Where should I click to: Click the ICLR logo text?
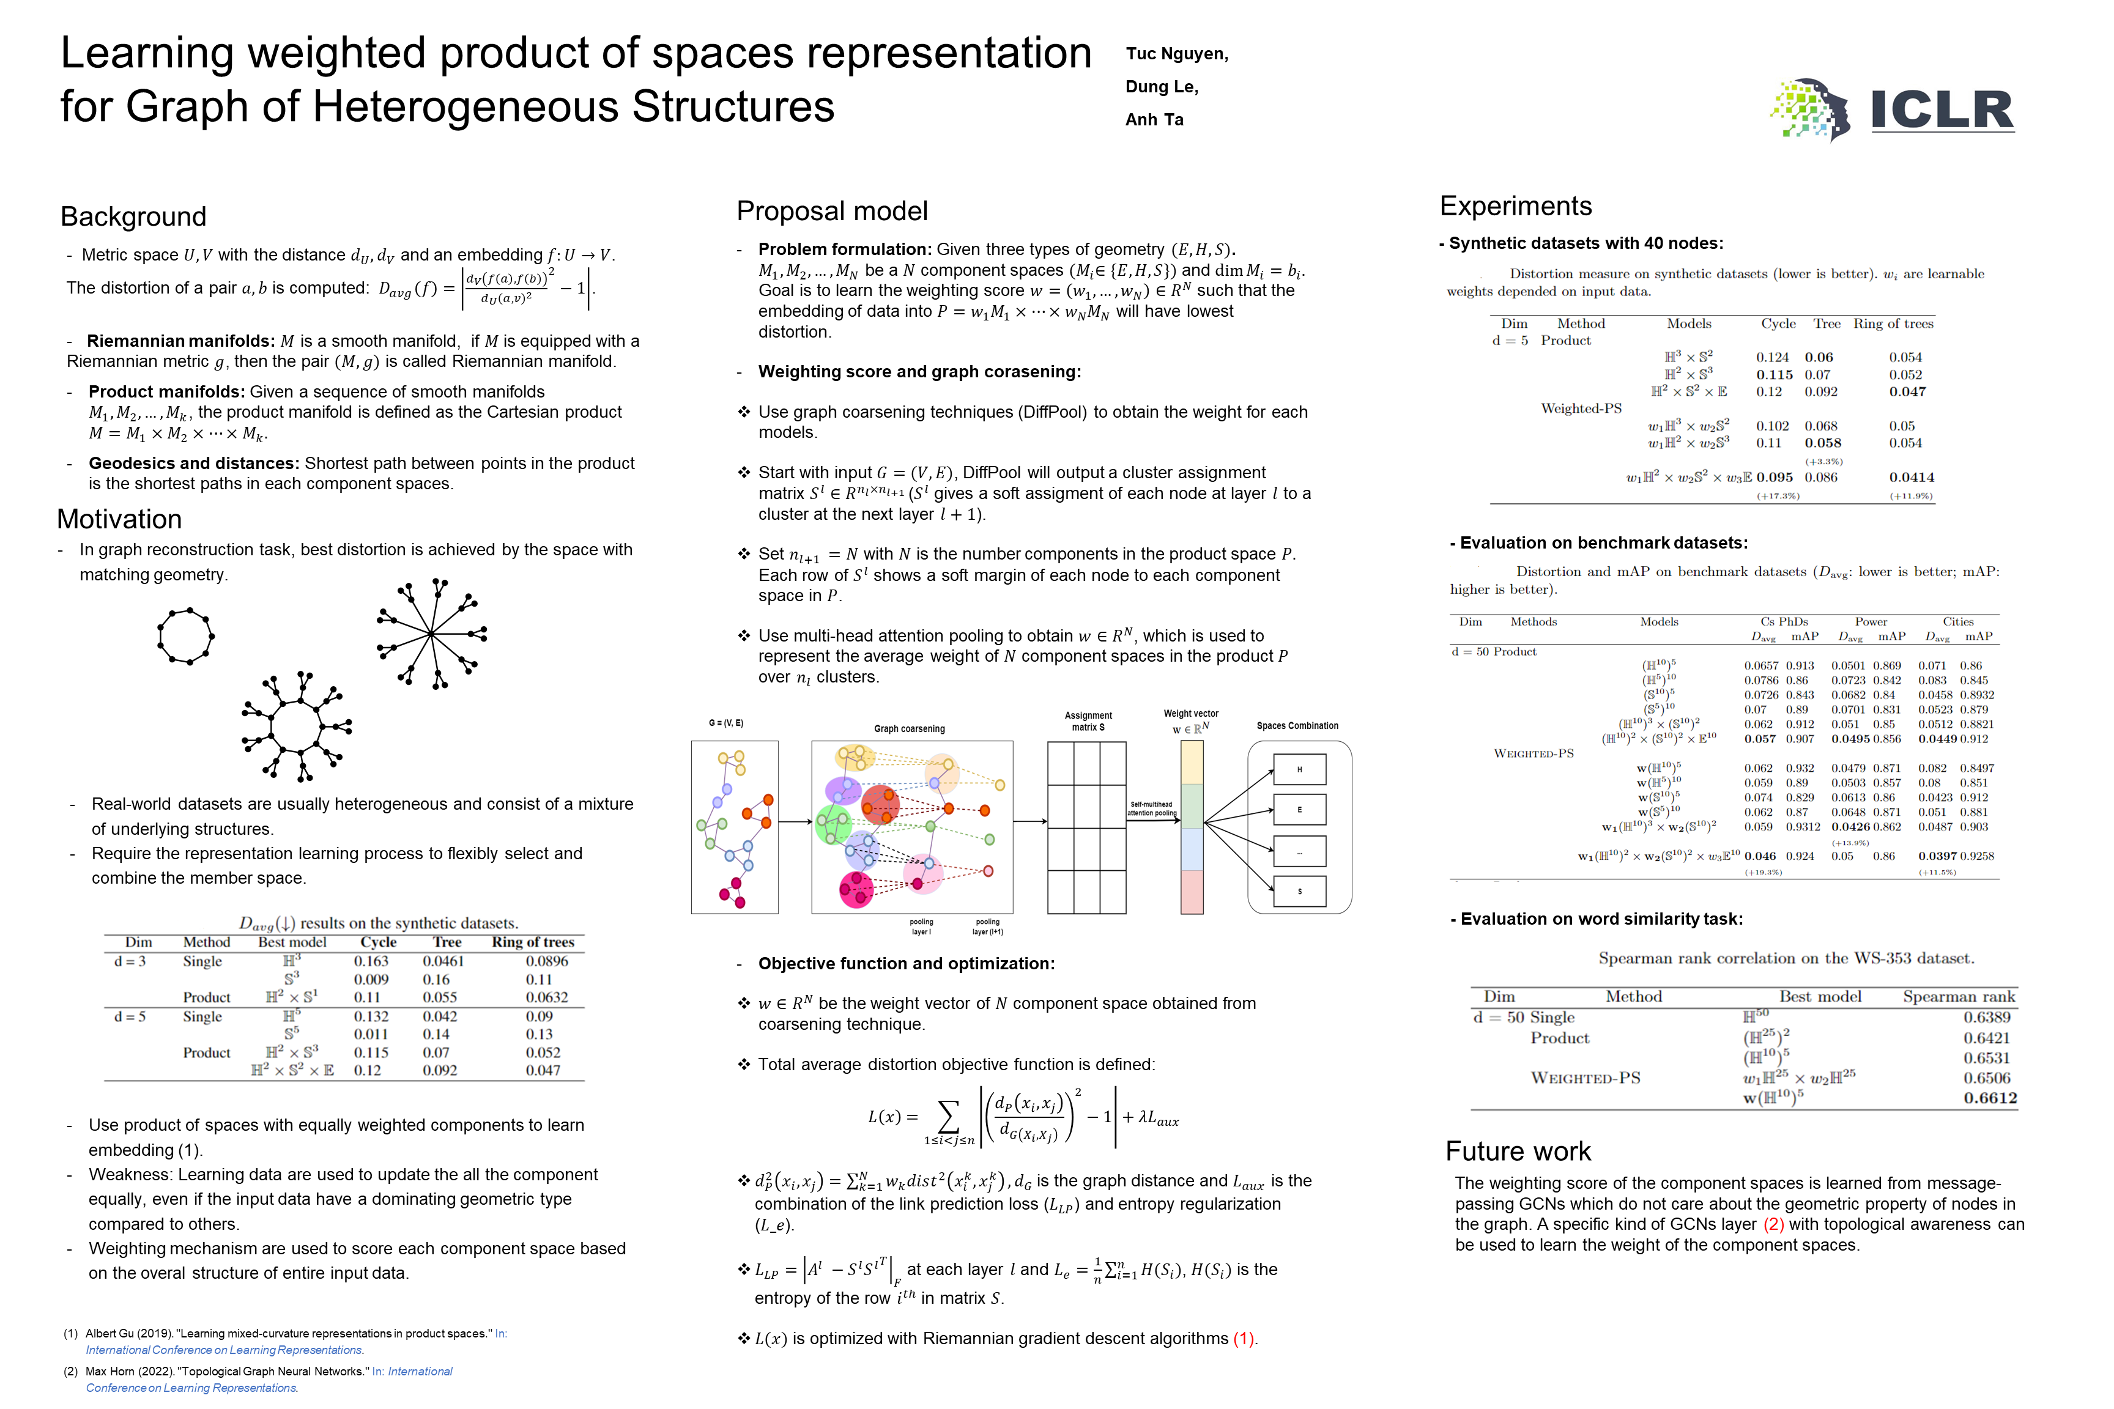(1942, 111)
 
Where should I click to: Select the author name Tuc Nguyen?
(1176, 54)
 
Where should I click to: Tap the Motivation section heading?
(119, 519)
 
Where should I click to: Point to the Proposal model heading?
(831, 211)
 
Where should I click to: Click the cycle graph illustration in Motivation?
(186, 636)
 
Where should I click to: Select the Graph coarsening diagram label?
(909, 729)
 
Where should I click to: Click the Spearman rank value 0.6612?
(1990, 1098)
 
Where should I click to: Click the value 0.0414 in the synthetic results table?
(1911, 477)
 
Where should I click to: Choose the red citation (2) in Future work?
(1773, 1224)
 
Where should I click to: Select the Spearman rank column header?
(1959, 997)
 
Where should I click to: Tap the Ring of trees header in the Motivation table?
(532, 942)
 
